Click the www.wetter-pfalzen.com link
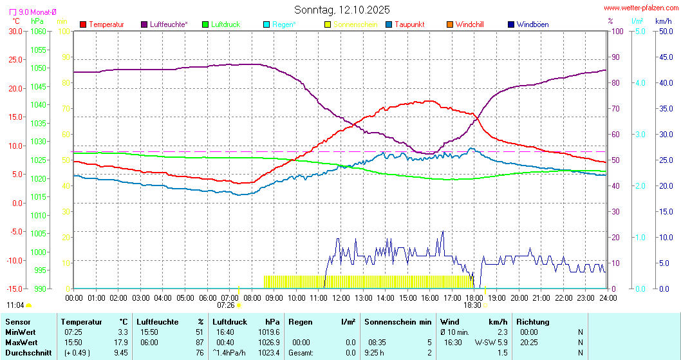[x=640, y=8]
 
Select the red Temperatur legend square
[x=83, y=24]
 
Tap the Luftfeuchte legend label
[x=169, y=24]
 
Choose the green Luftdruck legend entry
[x=225, y=24]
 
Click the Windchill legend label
[x=469, y=24]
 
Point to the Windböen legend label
[x=532, y=24]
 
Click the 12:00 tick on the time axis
[x=341, y=298]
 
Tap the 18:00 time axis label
[x=474, y=298]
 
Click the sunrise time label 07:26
[x=226, y=305]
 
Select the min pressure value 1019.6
[x=268, y=332]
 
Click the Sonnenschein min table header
[x=398, y=321]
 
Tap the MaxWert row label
[x=21, y=342]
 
